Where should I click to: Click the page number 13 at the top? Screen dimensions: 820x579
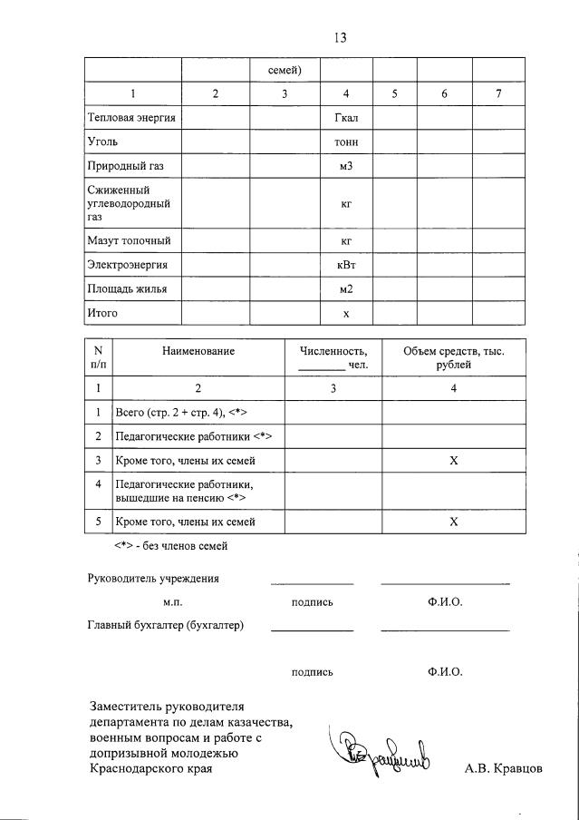(341, 37)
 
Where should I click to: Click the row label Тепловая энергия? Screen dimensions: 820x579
(131, 118)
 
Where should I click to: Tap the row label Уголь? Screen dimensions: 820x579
(102, 142)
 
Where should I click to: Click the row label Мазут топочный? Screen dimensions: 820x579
(129, 240)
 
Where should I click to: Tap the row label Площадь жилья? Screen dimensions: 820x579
(127, 289)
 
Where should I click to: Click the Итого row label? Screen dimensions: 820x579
(102, 313)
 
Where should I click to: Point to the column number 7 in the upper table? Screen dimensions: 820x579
(498, 93)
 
